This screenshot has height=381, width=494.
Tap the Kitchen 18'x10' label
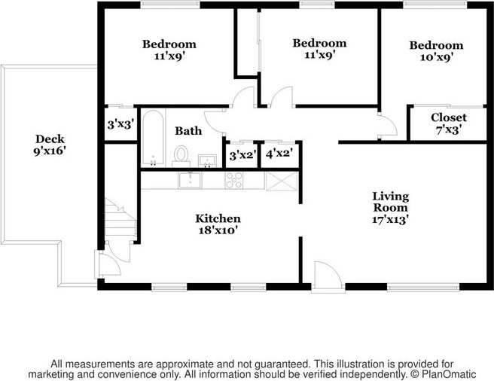coord(218,224)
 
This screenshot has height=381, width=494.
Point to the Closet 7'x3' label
coord(448,123)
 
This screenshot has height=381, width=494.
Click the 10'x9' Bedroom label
coord(436,51)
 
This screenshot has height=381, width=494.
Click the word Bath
coord(188,131)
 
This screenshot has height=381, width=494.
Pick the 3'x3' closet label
coord(119,125)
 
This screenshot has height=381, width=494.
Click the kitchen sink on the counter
coord(191,181)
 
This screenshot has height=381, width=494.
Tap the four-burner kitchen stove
coord(233,181)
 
